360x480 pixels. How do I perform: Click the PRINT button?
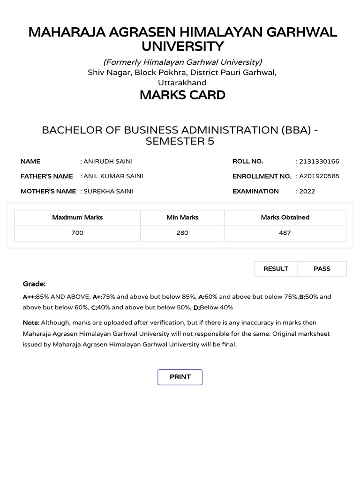[x=180, y=377]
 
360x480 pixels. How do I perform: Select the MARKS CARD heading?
[x=182, y=95]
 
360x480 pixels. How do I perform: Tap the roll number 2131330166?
[x=319, y=161]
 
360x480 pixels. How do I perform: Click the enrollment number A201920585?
[x=319, y=176]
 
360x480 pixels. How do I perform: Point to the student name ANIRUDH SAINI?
[x=108, y=161]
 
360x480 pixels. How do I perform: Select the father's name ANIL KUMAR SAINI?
[x=113, y=176]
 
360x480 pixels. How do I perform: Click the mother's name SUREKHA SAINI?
[x=108, y=191]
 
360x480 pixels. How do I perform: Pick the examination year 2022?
[x=307, y=191]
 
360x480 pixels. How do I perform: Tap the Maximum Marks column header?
[x=77, y=217]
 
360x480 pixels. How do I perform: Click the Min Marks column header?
[x=182, y=217]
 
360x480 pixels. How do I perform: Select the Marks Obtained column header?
[x=285, y=217]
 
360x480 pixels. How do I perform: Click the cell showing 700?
[x=77, y=233]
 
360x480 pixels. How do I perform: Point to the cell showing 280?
[x=182, y=233]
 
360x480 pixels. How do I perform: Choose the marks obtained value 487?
[x=285, y=233]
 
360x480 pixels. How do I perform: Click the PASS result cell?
[x=322, y=269]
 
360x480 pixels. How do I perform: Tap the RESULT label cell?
[x=276, y=269]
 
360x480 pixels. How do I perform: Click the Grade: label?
[x=34, y=284]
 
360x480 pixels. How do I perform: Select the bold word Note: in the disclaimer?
[x=31, y=322]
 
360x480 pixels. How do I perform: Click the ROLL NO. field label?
[x=248, y=161]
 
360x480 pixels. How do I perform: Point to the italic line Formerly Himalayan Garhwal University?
[x=182, y=62]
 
